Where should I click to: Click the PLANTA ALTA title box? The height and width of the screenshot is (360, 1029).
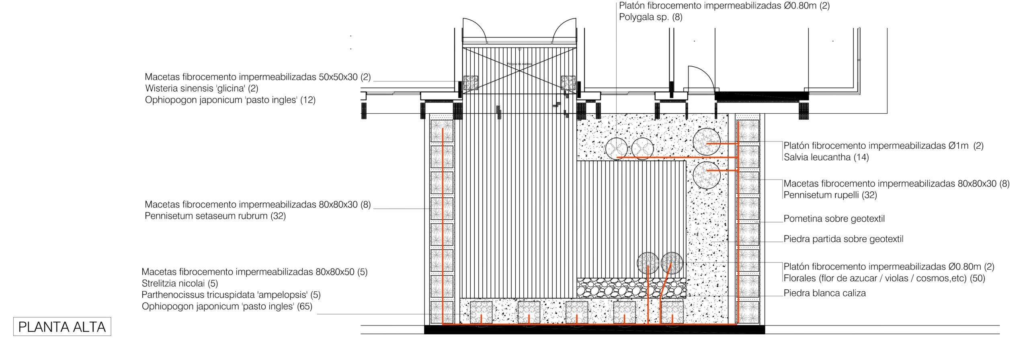coord(62,327)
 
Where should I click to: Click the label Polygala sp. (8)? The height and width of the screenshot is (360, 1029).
coord(651,17)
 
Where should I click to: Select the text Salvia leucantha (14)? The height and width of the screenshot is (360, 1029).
coord(826,157)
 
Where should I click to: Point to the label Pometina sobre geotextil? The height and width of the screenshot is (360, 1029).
coord(834,219)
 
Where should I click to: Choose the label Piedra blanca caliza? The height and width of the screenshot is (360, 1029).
coord(824,293)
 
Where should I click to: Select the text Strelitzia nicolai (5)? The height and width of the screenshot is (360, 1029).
coord(180,284)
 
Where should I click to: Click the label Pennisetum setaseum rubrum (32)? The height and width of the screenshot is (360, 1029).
coord(215,216)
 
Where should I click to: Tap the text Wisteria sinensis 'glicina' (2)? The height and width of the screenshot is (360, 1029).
coord(202,88)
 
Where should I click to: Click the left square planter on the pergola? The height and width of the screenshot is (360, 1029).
coord(471,83)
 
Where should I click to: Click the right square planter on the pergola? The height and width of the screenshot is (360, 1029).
coord(568,83)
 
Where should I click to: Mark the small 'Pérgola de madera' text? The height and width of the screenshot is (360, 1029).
coord(519,64)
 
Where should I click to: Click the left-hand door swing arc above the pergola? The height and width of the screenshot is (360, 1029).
coord(475,31)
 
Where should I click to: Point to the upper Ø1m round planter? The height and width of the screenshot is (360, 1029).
coord(706,142)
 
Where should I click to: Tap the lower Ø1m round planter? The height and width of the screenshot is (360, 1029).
coord(707,175)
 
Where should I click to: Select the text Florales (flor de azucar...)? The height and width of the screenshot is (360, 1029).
coord(884,278)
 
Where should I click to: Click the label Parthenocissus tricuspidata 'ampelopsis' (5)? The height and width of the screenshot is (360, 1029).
coord(231,295)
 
